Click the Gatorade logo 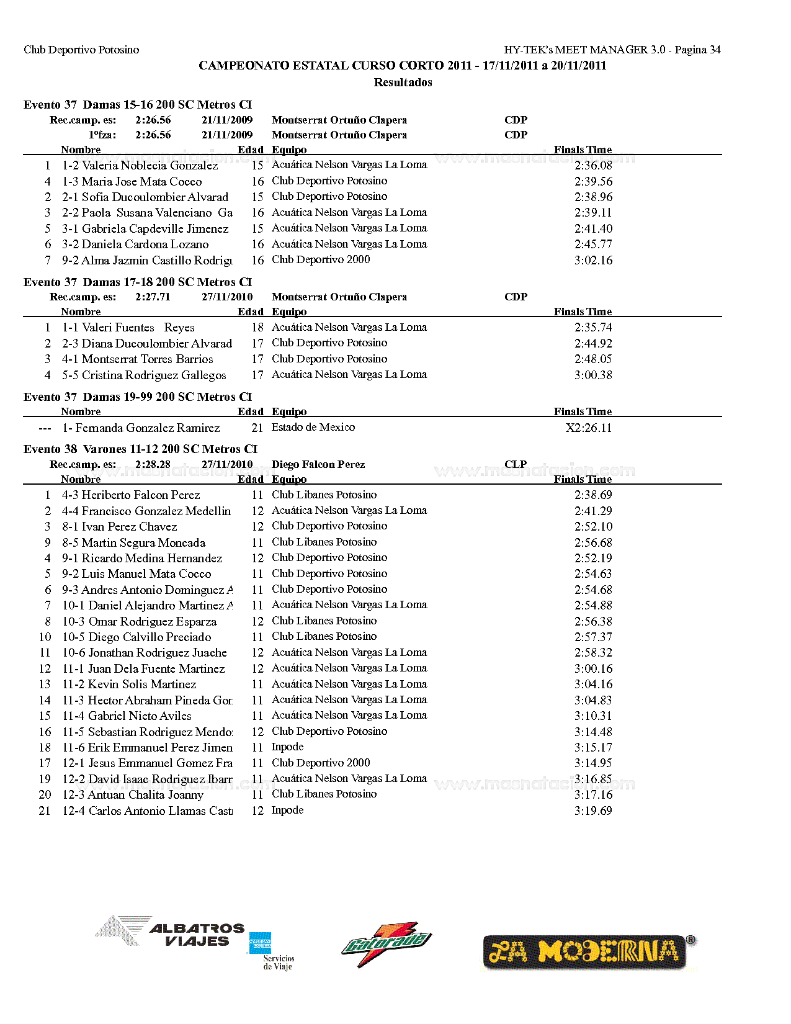click(x=386, y=943)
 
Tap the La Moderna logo click(x=589, y=951)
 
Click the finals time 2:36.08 click(x=593, y=166)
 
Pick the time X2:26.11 click(x=588, y=428)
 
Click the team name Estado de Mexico click(x=313, y=427)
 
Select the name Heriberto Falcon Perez click(x=141, y=495)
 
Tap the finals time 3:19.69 click(x=593, y=811)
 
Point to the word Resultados click(x=403, y=82)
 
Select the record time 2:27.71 click(x=153, y=297)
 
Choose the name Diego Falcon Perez click(x=318, y=464)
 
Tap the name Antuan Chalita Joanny click(x=146, y=795)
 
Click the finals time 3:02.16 click(x=593, y=260)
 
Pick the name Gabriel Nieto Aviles click(x=140, y=716)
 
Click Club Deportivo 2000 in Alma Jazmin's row click(x=321, y=259)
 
